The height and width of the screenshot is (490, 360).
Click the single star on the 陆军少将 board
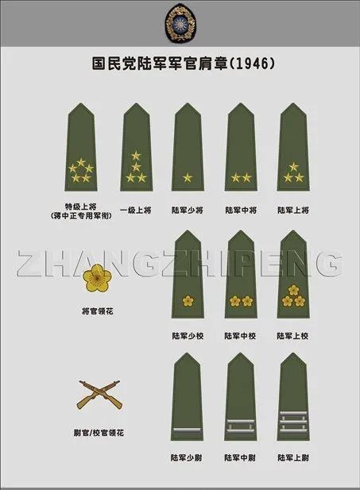[188, 177]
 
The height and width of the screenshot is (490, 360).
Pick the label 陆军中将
[240, 210]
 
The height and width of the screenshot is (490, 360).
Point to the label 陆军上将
[293, 210]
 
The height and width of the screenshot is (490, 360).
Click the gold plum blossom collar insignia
[98, 279]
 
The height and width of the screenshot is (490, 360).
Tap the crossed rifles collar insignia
[98, 394]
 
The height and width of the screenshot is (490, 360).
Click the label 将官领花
[98, 311]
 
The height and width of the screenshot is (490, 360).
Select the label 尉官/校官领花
[98, 433]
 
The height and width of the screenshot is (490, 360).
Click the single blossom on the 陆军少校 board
[188, 300]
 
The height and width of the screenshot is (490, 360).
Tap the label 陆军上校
[293, 336]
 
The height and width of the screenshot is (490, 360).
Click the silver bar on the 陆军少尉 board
[188, 429]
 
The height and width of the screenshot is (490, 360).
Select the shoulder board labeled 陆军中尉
[240, 401]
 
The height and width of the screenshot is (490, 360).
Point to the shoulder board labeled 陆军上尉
[293, 401]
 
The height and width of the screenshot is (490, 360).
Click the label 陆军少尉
[188, 458]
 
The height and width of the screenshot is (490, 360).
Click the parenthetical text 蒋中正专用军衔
[80, 215]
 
